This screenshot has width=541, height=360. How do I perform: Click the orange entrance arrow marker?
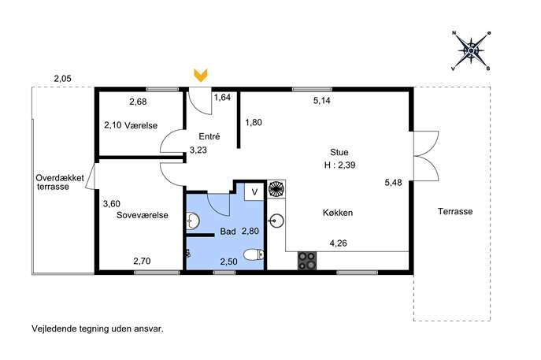201,76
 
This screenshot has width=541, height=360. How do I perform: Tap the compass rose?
471,50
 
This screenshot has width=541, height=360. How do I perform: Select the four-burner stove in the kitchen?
307,261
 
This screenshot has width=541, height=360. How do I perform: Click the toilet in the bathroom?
254,255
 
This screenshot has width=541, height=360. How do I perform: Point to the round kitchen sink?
276,221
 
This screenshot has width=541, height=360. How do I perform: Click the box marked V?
254,192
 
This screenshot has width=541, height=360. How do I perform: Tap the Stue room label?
339,152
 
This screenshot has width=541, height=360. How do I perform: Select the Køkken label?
338,213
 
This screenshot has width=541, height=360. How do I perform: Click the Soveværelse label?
143,215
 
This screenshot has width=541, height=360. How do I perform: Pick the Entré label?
209,136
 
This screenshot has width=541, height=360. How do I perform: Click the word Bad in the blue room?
228,232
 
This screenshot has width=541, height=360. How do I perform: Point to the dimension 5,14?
321,101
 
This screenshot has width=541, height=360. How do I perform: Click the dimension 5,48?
393,182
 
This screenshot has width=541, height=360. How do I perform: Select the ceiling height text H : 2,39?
340,165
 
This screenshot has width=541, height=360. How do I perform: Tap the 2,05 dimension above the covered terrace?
62,79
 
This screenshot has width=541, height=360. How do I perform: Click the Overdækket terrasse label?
60,182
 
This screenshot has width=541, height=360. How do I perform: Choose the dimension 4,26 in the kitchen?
338,243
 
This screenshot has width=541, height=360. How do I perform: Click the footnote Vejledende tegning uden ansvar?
98,328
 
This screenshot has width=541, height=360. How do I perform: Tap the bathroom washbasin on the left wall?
192,221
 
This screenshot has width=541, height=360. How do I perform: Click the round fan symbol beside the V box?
276,189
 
